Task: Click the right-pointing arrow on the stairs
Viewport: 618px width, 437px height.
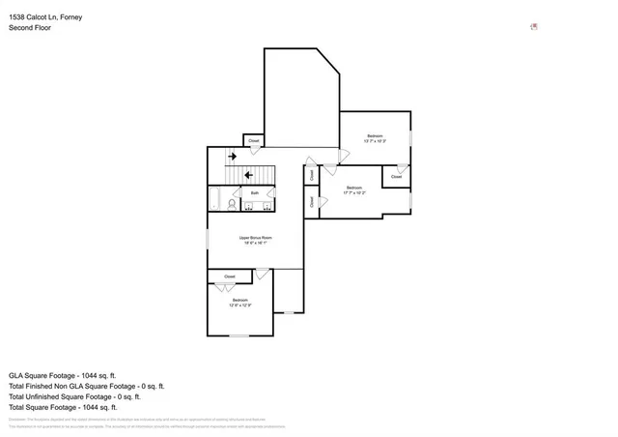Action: click(232, 156)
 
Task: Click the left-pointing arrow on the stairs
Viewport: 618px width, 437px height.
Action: click(248, 174)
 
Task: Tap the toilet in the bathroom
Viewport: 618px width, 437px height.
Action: click(219, 203)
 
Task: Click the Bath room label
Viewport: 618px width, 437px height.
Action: click(255, 193)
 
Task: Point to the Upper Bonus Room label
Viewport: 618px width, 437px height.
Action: click(256, 238)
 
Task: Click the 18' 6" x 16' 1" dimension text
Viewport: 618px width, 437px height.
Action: click(256, 245)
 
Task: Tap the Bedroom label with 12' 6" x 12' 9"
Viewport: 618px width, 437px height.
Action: click(239, 300)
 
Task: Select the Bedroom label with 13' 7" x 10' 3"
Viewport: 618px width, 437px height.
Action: click(375, 135)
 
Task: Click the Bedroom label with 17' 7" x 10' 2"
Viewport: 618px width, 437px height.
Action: click(353, 188)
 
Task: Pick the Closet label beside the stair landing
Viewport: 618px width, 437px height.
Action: click(254, 141)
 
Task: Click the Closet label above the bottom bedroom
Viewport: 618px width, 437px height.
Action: click(230, 277)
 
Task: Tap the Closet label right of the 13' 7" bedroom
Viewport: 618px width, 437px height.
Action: click(396, 177)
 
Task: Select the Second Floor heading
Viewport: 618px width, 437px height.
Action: click(30, 28)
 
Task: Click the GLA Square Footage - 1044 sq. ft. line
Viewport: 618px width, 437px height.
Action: click(63, 374)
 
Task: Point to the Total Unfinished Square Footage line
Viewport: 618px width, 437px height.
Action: click(75, 396)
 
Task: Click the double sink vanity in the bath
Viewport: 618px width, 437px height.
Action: click(255, 204)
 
